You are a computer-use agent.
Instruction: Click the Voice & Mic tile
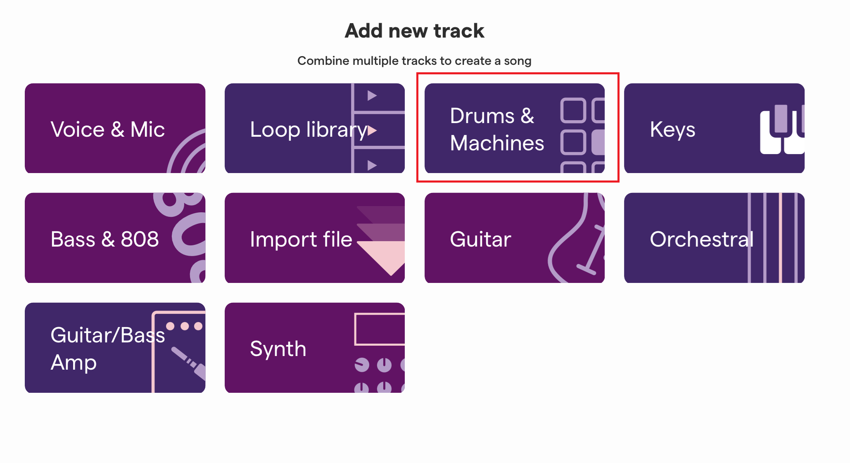click(x=115, y=128)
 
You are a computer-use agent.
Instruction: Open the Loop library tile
click(x=315, y=128)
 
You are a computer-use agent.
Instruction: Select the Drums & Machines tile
click(x=515, y=128)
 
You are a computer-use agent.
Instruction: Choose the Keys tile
click(x=714, y=128)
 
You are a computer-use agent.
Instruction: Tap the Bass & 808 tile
click(x=115, y=238)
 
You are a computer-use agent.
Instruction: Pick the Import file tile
click(x=315, y=238)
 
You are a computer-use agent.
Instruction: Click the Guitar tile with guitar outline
click(x=515, y=238)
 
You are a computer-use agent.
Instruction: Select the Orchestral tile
click(x=714, y=238)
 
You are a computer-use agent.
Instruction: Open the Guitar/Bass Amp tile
click(x=115, y=348)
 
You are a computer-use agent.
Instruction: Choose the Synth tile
click(x=315, y=348)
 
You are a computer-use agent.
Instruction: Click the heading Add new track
click(x=414, y=31)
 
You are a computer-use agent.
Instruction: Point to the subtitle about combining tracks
click(x=414, y=61)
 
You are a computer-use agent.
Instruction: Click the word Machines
click(x=497, y=143)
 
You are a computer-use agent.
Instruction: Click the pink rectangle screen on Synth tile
click(x=380, y=329)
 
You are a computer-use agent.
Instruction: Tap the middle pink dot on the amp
click(x=185, y=326)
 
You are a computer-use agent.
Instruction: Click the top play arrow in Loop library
click(x=372, y=95)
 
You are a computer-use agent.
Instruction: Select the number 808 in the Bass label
click(x=140, y=239)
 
